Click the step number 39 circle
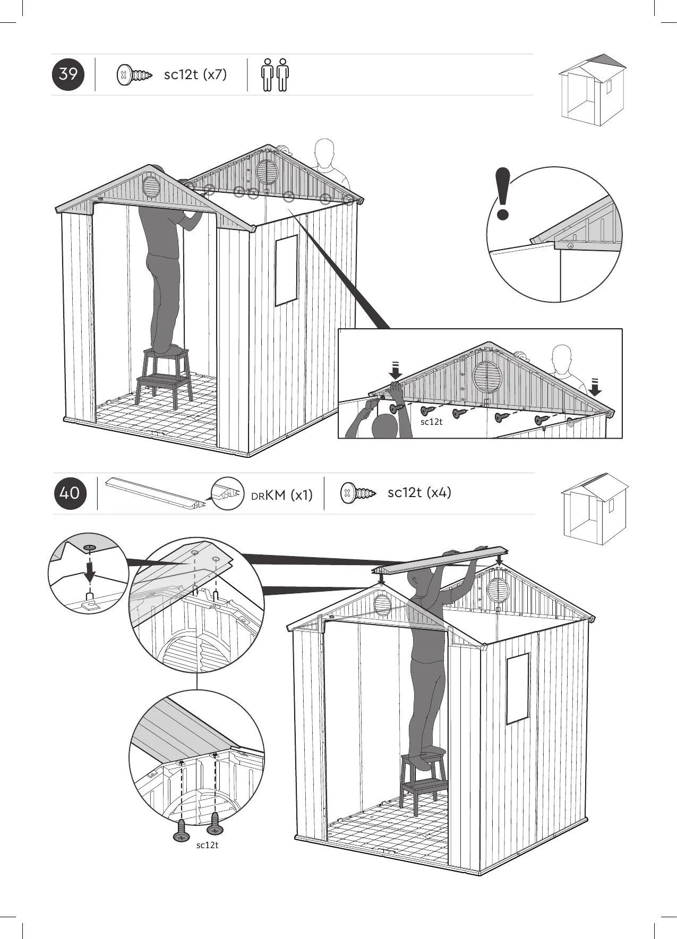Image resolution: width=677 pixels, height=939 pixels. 68,74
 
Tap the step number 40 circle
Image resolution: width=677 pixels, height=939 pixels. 70,493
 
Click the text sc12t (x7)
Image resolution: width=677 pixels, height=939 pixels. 195,74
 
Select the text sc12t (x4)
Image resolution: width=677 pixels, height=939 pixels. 419,492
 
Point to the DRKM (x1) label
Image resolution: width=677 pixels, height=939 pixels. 281,496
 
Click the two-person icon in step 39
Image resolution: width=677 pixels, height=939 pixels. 275,75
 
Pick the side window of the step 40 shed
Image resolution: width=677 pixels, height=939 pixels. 518,688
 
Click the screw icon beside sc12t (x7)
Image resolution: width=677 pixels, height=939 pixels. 134,75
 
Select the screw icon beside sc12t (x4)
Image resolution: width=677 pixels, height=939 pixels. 357,493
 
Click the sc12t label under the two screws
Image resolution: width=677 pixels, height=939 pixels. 207,845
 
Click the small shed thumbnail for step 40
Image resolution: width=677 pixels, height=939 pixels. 594,508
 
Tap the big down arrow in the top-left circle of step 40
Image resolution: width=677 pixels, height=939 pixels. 90,571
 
